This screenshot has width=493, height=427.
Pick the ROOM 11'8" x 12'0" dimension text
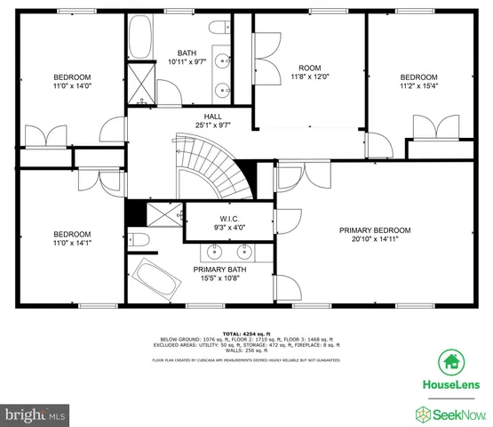point(309,77)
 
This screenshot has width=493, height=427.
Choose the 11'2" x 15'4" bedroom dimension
point(417,86)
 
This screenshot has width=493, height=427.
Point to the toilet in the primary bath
point(138,239)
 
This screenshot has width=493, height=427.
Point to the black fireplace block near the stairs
point(135,214)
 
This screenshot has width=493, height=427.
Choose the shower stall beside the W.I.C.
point(163,214)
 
